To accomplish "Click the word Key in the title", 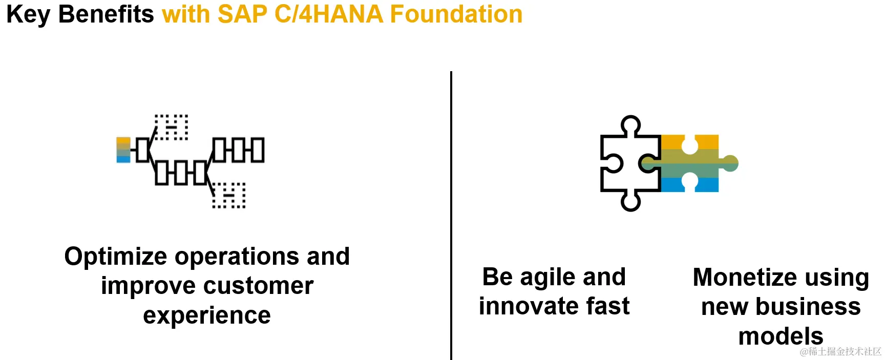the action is pyautogui.click(x=28, y=15).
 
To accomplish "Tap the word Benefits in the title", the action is pyautogui.click(x=106, y=14).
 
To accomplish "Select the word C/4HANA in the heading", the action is pyautogui.click(x=329, y=14).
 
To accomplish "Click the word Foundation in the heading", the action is pyautogui.click(x=456, y=14).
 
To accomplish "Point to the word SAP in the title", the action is pyautogui.click(x=242, y=14).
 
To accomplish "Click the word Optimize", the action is pyautogui.click(x=116, y=257).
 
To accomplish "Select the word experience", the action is pyautogui.click(x=207, y=316).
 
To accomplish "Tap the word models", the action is pyautogui.click(x=781, y=336).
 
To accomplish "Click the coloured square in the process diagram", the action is pyautogui.click(x=123, y=150).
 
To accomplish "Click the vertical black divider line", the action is pyautogui.click(x=451, y=216).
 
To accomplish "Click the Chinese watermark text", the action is pyautogui.click(x=840, y=351).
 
